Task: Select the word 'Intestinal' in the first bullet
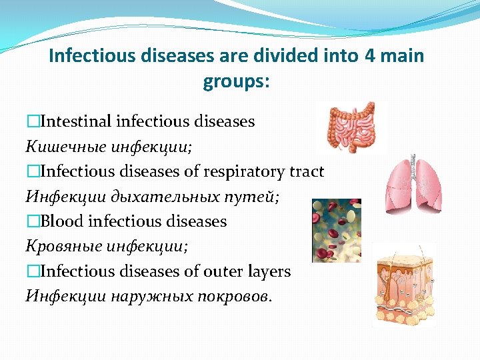coord(75,121)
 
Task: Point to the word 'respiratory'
coord(244,171)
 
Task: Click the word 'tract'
coord(307,171)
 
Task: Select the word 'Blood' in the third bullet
coord(63,221)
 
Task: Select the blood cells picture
coord(337,230)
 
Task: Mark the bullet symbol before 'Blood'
coord(33,221)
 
